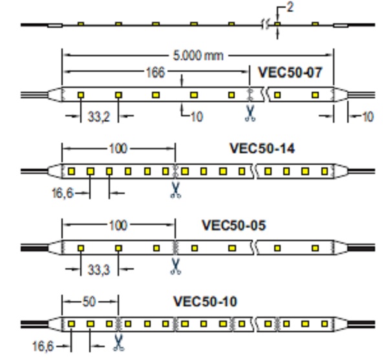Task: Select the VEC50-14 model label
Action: click(x=262, y=149)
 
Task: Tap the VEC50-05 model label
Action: click(x=234, y=226)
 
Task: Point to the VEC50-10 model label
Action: click(x=205, y=301)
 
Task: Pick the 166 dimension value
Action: click(x=155, y=72)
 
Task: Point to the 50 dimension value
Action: click(x=90, y=302)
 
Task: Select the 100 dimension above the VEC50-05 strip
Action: click(x=118, y=226)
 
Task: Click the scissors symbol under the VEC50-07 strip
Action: click(x=250, y=114)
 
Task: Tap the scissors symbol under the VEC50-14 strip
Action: click(x=175, y=190)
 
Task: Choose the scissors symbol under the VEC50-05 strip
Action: click(x=175, y=266)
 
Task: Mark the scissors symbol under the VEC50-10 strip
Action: click(x=118, y=343)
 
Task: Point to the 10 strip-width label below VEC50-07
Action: click(x=197, y=117)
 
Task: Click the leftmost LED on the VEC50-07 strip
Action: click(x=81, y=95)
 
